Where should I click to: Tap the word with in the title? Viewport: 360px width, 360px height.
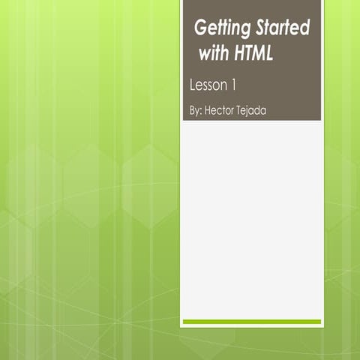[x=216, y=54]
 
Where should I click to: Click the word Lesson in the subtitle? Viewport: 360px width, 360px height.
[x=209, y=85]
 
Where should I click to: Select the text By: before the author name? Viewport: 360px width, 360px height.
[x=196, y=110]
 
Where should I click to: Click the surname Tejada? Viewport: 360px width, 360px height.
[x=254, y=110]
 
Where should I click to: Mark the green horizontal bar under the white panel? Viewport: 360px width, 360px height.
[x=252, y=322]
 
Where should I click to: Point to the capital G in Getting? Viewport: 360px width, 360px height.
[x=200, y=28]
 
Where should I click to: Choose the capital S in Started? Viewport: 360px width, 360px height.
[x=262, y=28]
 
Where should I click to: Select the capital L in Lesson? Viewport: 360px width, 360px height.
[x=193, y=85]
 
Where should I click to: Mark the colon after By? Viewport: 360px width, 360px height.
[x=202, y=111]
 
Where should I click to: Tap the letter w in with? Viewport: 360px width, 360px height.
[x=205, y=55]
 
